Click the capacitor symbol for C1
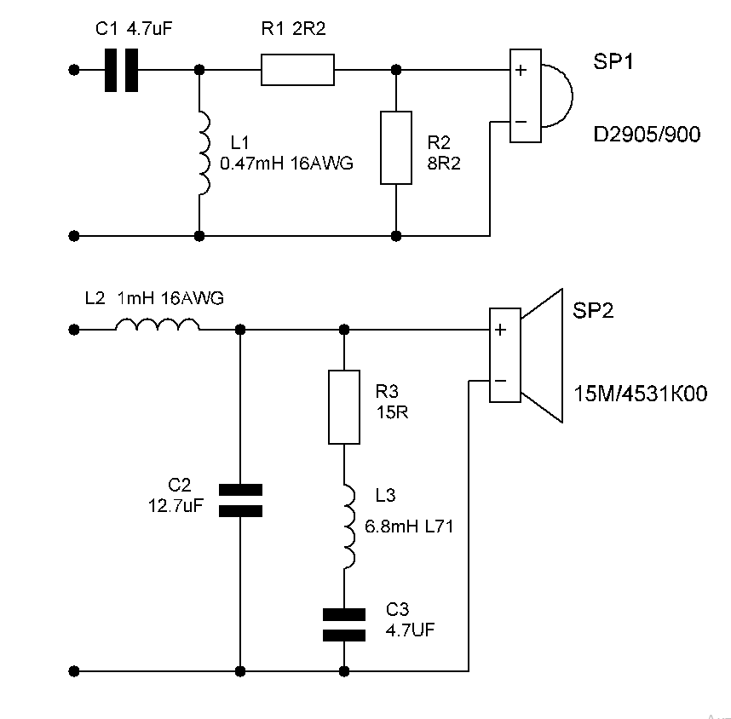(121, 70)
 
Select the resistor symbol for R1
(297, 70)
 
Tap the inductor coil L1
(204, 152)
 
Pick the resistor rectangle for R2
(396, 147)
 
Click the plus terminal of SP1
(521, 70)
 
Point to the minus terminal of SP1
(521, 123)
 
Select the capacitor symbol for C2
(241, 500)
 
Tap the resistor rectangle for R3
(344, 407)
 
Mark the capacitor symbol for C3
(344, 624)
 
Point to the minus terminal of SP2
(501, 381)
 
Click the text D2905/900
(648, 135)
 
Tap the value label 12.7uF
(176, 505)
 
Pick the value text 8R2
(443, 164)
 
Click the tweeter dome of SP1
(554, 95)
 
